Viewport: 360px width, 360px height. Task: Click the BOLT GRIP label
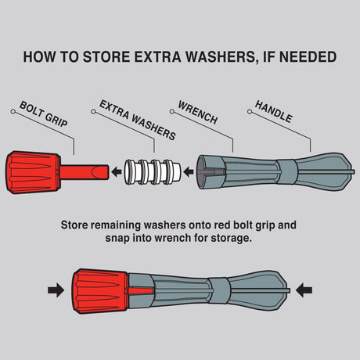click(44, 113)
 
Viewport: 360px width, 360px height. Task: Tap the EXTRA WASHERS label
click(138, 120)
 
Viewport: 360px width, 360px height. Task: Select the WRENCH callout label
click(198, 112)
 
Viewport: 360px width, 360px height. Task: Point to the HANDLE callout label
click(273, 111)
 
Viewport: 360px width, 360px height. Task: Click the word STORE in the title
click(106, 57)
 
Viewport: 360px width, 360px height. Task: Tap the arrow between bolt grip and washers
click(116, 172)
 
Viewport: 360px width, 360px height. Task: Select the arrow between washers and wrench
click(189, 172)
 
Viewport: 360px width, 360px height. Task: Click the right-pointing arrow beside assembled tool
click(56, 290)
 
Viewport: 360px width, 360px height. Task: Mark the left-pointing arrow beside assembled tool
click(304, 290)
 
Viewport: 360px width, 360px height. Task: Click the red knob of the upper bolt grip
click(33, 172)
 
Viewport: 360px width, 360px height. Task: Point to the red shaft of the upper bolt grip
click(85, 172)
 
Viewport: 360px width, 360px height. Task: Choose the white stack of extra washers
click(153, 172)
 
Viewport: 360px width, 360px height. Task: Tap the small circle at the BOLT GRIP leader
click(13, 111)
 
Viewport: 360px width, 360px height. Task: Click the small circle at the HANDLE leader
click(250, 112)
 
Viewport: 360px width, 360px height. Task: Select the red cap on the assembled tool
click(100, 291)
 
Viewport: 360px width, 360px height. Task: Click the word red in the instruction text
click(222, 225)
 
